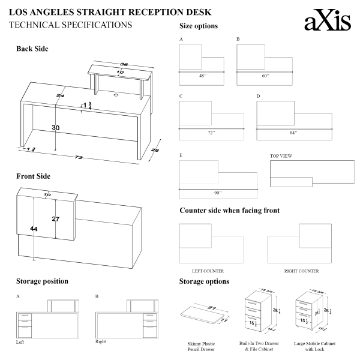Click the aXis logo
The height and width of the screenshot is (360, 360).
point(328,22)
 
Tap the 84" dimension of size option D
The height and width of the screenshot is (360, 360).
point(293,132)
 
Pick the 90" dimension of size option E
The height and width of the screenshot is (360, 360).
point(217,193)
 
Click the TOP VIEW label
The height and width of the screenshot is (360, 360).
point(281,156)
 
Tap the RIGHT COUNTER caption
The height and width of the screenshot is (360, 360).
point(301,271)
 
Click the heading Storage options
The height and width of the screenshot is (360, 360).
point(204,281)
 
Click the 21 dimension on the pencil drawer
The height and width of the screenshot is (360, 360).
point(211,307)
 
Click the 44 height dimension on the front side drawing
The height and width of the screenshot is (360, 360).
point(34,229)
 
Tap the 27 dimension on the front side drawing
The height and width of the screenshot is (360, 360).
point(55,219)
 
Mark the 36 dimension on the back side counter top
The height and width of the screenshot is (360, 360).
point(124,65)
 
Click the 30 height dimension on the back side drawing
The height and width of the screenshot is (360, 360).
point(55,128)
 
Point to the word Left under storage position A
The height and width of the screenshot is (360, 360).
point(21,341)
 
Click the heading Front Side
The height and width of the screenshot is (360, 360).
point(33,176)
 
